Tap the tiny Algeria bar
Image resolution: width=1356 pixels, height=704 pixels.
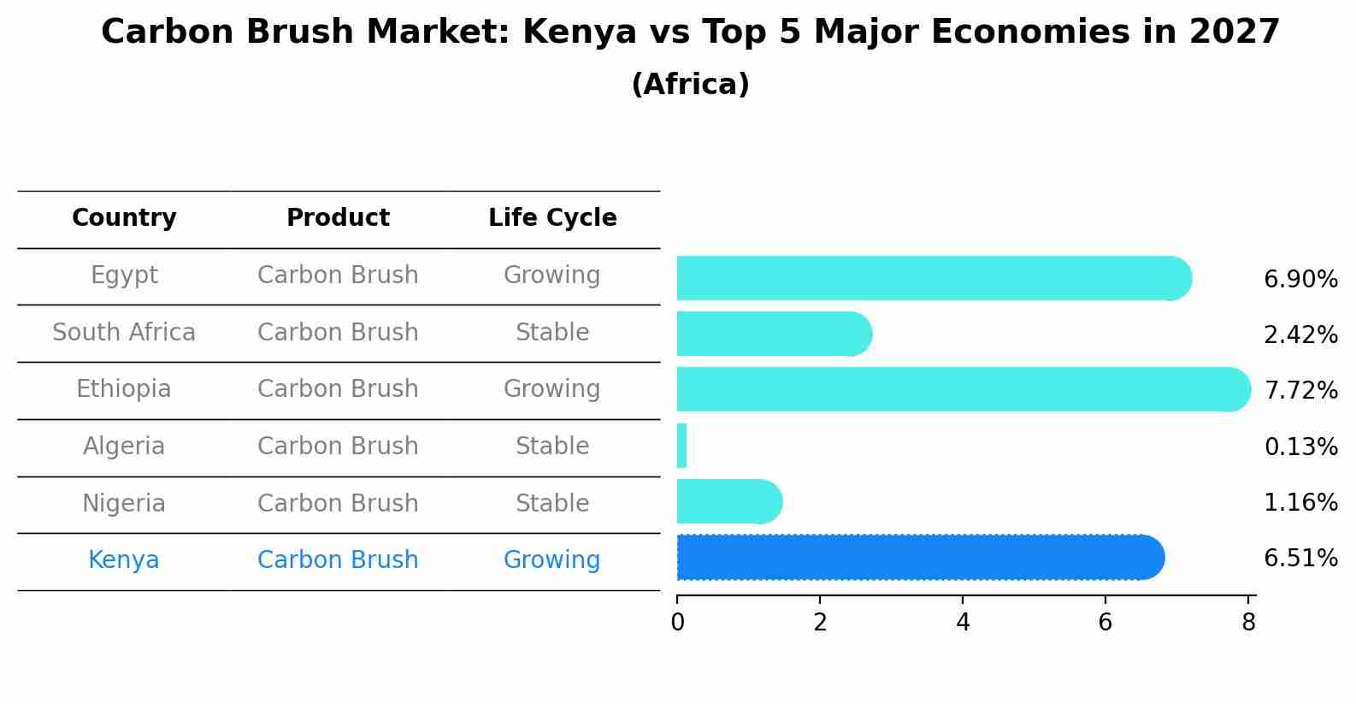tap(681, 446)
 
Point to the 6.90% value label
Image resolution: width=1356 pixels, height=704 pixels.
tap(1300, 280)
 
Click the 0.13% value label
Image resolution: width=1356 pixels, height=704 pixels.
tap(1300, 447)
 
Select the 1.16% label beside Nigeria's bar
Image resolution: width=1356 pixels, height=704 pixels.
tap(1300, 502)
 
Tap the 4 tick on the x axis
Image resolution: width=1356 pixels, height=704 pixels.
tap(963, 623)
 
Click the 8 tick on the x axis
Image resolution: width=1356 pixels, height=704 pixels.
tap(1248, 623)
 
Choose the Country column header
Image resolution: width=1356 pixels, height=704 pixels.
tap(124, 218)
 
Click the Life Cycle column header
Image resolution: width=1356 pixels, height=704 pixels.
tap(552, 218)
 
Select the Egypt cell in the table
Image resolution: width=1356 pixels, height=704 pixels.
tap(124, 275)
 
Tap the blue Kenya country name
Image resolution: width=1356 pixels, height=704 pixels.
tap(124, 560)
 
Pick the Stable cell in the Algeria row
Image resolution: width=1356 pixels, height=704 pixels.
tap(552, 447)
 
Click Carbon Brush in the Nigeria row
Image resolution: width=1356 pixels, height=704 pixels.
tap(338, 503)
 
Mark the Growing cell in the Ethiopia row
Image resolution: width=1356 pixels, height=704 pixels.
tap(552, 389)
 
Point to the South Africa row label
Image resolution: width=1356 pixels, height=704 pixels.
tap(124, 332)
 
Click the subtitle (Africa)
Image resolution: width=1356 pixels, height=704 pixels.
tap(690, 85)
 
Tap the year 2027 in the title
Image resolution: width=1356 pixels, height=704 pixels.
tap(1234, 33)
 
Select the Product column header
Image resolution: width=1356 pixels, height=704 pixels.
tap(338, 218)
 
